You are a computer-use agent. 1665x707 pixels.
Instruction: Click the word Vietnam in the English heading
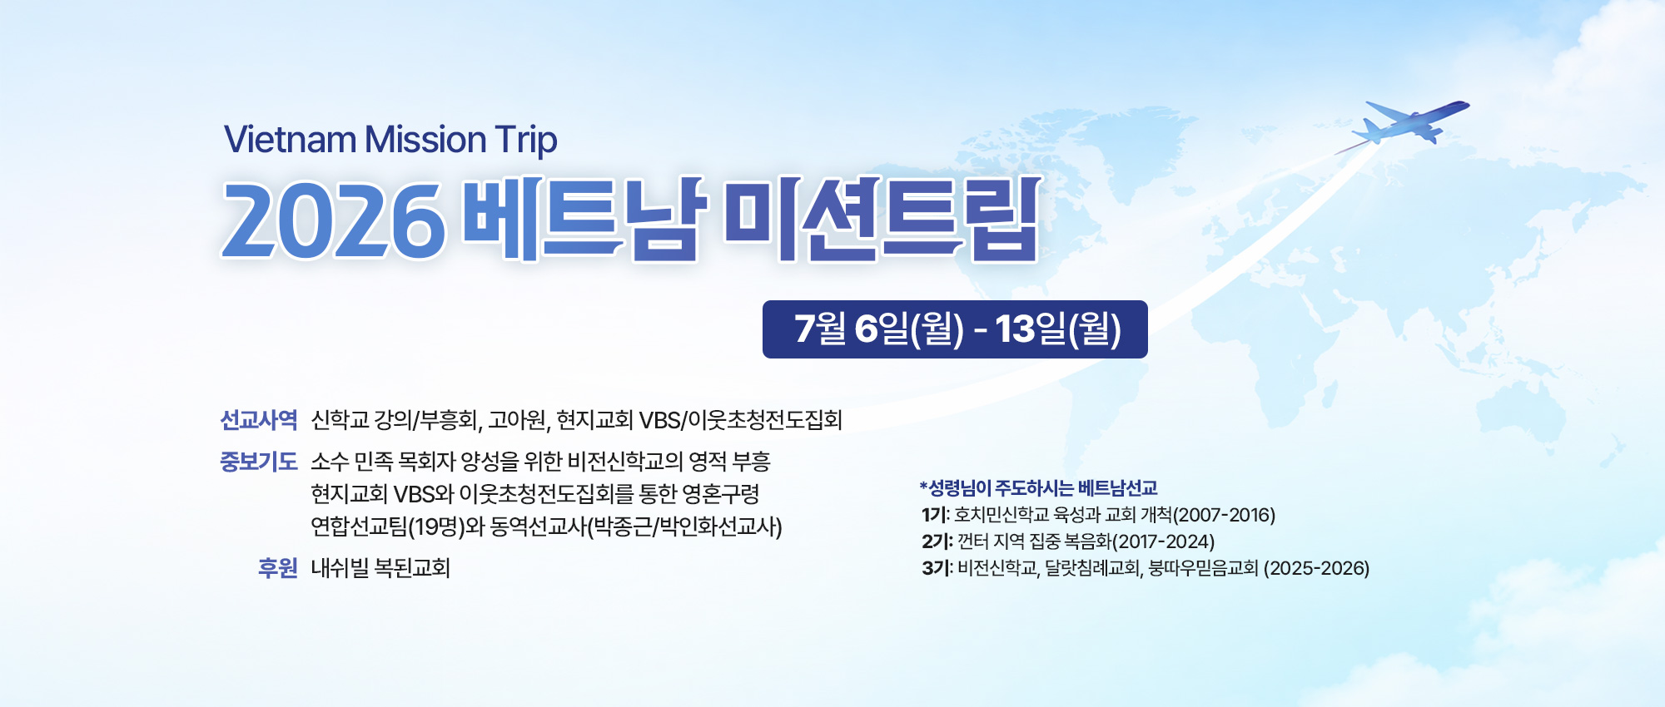291,140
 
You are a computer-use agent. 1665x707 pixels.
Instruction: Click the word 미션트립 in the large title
883,219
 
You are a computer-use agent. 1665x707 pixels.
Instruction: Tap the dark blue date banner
955,329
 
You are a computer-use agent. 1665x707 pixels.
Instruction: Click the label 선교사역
258,420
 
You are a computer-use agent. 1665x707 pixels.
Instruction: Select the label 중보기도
258,462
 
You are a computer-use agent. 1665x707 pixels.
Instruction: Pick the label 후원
277,568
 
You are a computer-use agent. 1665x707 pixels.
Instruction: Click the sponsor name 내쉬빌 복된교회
380,568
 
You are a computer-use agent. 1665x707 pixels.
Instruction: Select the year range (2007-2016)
1224,515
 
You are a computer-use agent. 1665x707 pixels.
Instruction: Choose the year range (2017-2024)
1163,541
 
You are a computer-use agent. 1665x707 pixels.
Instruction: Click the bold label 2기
936,541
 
